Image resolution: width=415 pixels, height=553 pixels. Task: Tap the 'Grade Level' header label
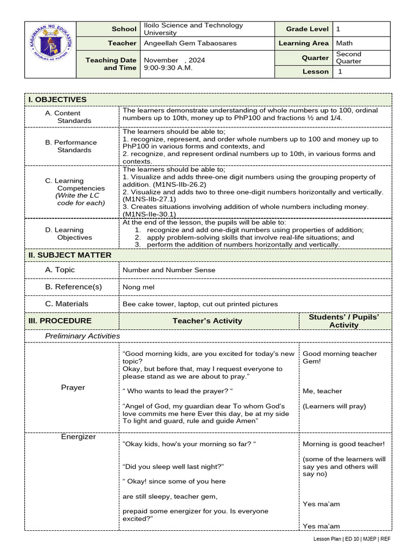303,29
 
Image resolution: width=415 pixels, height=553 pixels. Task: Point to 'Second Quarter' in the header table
349,58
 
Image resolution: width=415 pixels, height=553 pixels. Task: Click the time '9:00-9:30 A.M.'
168,68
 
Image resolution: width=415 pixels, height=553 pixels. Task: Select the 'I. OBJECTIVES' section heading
57,100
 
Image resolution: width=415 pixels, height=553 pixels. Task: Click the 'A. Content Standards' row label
68,117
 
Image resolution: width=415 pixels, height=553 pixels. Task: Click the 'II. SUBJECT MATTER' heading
70,255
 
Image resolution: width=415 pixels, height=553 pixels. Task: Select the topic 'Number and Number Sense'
169,270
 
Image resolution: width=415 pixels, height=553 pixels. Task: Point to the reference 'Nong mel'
138,287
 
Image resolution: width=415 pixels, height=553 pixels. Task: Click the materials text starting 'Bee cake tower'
200,304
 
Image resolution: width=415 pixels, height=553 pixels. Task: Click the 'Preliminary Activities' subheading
82,336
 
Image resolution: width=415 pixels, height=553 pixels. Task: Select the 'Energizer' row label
78,437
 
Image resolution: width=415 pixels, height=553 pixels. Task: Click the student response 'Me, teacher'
322,391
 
